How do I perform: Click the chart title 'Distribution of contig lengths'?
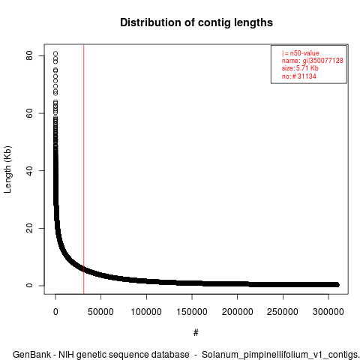(x=196, y=22)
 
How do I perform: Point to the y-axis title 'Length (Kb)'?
(x=7, y=169)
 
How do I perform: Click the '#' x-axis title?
(x=196, y=332)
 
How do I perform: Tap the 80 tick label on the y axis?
(x=29, y=55)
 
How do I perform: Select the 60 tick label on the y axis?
(x=29, y=113)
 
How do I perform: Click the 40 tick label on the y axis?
(x=29, y=170)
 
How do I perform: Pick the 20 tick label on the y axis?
(x=29, y=228)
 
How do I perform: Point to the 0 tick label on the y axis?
(x=29, y=285)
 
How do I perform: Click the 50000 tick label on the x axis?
(x=100, y=312)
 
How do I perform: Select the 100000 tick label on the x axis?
(x=146, y=312)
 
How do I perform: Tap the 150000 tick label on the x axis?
(x=192, y=312)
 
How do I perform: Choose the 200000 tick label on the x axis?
(x=237, y=312)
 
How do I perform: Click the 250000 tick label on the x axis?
(x=283, y=312)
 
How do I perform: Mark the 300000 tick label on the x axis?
(x=328, y=312)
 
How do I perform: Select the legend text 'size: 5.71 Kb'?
(x=300, y=68)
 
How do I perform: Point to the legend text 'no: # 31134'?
(x=299, y=76)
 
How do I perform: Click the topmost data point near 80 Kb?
(x=55, y=53)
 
